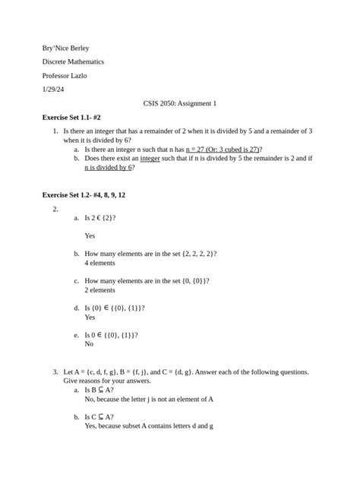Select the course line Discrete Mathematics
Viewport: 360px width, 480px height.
pyautogui.click(x=73, y=62)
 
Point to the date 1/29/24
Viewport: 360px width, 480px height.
pyautogui.click(x=53, y=89)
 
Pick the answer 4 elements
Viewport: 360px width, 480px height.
pyautogui.click(x=99, y=263)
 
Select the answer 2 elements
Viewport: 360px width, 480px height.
pyautogui.click(x=99, y=290)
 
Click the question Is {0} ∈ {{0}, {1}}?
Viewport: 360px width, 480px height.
pyautogui.click(x=115, y=308)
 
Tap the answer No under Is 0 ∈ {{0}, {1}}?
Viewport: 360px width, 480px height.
pyautogui.click(x=90, y=343)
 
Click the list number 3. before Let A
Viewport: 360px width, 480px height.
pyautogui.click(x=55, y=372)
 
